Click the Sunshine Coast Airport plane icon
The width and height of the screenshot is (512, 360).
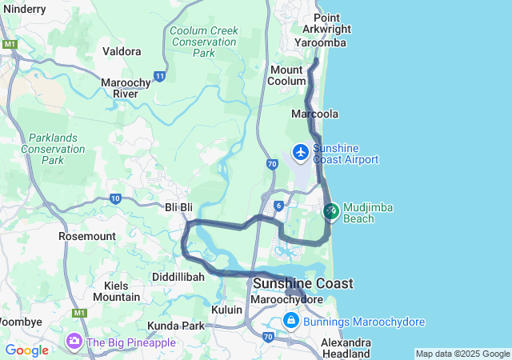tap(301, 152)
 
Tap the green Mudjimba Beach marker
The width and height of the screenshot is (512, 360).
tap(330, 212)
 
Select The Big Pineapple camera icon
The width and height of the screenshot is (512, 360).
tap(74, 342)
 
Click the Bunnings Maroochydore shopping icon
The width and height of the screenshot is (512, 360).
tap(292, 322)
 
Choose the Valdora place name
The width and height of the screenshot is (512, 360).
tap(122, 51)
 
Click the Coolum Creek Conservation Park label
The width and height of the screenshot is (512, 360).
tap(203, 42)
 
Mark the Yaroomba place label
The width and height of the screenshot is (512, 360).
tap(320, 42)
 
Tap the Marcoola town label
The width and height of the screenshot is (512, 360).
tap(314, 114)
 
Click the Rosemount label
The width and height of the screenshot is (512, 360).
tap(86, 237)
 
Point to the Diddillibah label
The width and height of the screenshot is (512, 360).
tap(178, 277)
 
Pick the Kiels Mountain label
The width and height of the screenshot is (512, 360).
tap(116, 291)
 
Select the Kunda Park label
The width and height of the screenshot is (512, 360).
tap(175, 326)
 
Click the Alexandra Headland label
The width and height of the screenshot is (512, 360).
tap(346, 347)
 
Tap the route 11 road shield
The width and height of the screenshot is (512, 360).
tap(160, 77)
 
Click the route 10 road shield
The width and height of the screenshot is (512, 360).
tap(115, 198)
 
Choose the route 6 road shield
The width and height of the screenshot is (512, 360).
tap(278, 206)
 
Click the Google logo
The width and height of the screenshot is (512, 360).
tap(26, 350)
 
